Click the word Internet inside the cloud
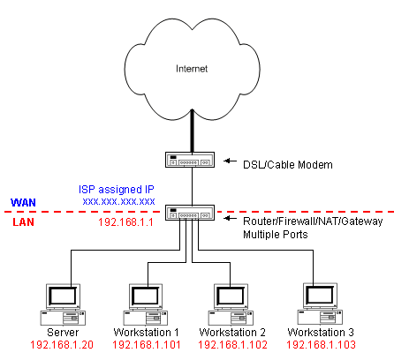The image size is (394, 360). click(192, 69)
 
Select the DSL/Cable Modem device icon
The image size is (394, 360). click(190, 160)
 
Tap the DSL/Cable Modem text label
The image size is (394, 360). click(288, 165)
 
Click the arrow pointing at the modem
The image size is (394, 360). click(231, 161)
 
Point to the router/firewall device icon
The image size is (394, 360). click(190, 213)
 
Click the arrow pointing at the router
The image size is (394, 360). click(231, 218)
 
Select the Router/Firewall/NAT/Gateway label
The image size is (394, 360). click(313, 221)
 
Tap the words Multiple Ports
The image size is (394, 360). click(276, 235)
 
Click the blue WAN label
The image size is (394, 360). click(23, 202)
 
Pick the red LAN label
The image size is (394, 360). click(23, 221)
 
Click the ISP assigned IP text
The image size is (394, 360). click(117, 190)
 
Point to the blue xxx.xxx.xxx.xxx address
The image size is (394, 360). click(118, 202)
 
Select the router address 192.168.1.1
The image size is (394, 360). click(125, 222)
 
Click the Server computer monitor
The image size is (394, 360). click(63, 296)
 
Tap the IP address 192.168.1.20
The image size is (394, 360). click(62, 345)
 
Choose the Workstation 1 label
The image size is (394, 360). click(146, 333)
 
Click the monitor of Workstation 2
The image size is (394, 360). click(231, 296)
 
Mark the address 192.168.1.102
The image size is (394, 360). click(232, 345)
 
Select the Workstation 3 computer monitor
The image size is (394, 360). click(320, 296)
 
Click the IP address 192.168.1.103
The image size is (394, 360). click(321, 345)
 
